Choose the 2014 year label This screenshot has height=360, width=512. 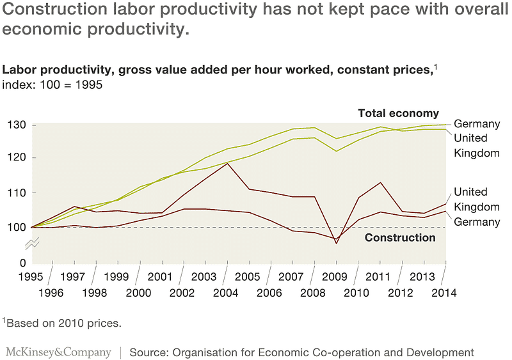pos(444,293)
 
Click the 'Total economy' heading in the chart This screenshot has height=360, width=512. pos(398,113)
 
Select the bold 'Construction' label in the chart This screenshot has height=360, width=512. pos(399,238)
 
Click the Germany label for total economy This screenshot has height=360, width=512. pos(477,124)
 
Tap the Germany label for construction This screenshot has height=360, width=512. pos(477,222)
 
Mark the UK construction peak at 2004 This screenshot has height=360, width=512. pos(227,163)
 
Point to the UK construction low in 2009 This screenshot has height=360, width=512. pos(337,243)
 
